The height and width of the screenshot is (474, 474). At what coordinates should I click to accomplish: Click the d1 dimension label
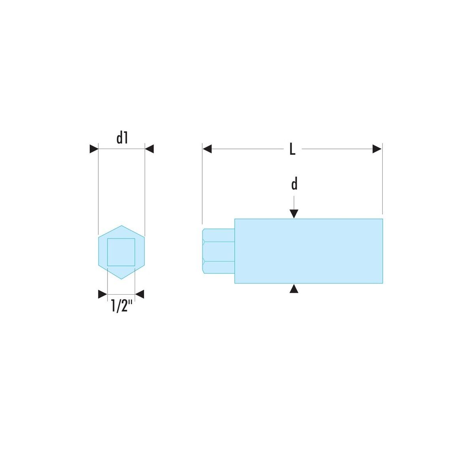(122, 138)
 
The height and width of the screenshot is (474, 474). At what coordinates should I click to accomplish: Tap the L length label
(292, 149)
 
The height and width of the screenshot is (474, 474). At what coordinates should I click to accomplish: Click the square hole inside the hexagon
(121, 252)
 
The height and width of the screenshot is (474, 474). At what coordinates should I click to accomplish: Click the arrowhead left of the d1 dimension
(94, 149)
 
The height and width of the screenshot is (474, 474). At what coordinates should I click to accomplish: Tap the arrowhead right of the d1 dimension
(149, 149)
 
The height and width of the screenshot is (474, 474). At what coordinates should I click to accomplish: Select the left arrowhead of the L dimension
(207, 149)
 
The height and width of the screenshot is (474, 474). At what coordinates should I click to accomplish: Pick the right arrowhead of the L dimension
(377, 149)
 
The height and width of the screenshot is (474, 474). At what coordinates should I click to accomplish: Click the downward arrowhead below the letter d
(294, 214)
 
